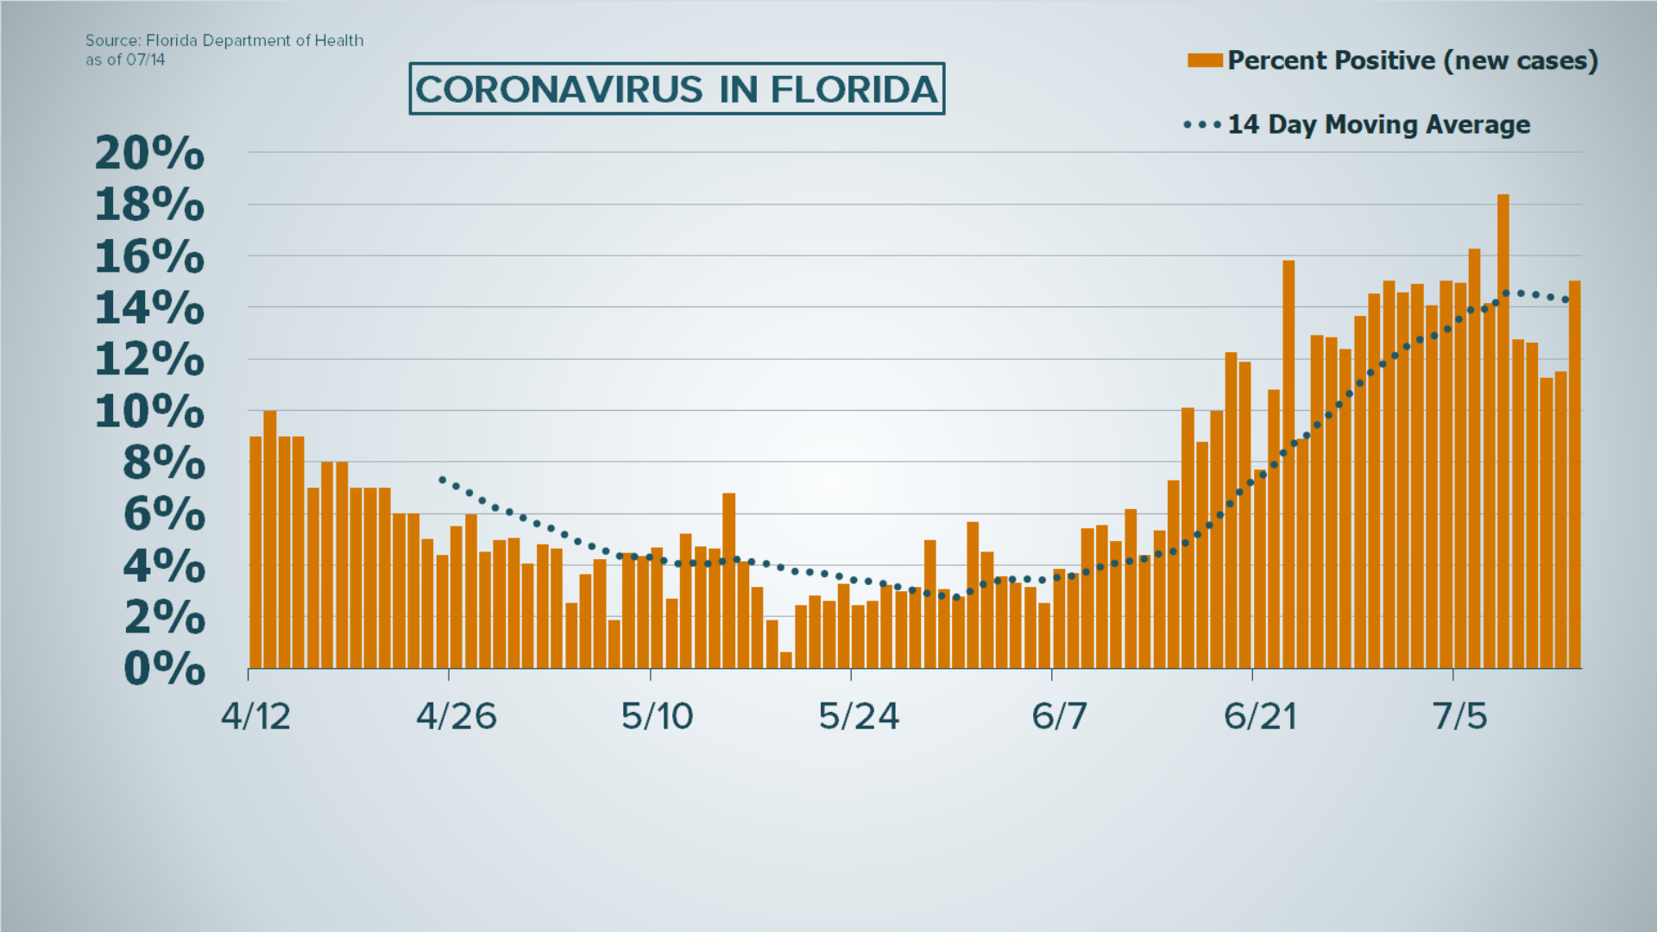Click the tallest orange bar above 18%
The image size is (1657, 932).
coord(1503,431)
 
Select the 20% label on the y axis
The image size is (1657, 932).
coord(149,154)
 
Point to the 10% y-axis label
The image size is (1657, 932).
coord(149,412)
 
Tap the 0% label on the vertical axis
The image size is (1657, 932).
coord(164,670)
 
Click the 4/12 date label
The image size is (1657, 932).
coord(255,716)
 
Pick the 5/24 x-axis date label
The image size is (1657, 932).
coord(859,716)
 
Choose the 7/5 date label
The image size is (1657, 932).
coord(1459,716)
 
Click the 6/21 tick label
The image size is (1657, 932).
coord(1260,716)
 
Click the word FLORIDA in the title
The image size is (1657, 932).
coord(854,90)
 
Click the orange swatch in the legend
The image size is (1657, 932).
coord(1204,60)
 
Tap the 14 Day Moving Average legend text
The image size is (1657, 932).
coord(1378,125)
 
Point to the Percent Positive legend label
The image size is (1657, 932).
coord(1413,60)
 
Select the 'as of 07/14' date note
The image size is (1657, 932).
coord(125,60)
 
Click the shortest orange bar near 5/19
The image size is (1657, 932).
coord(785,660)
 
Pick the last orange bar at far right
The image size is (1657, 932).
coord(1574,475)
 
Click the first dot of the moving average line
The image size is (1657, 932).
coord(442,479)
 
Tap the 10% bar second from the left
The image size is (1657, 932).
coord(270,539)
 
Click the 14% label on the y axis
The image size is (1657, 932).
coord(149,309)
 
